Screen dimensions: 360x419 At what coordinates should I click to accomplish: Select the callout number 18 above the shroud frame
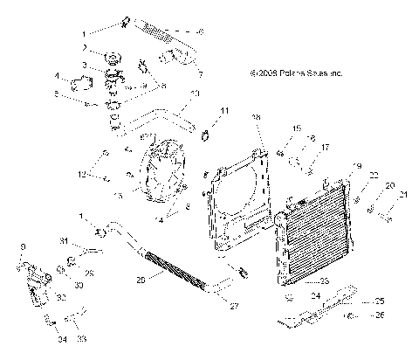256,117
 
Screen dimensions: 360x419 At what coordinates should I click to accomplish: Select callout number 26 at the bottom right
380,315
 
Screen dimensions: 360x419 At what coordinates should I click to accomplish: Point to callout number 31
64,240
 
